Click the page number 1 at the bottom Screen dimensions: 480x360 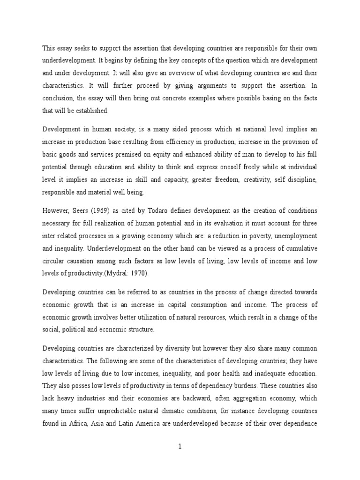point(180,447)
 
